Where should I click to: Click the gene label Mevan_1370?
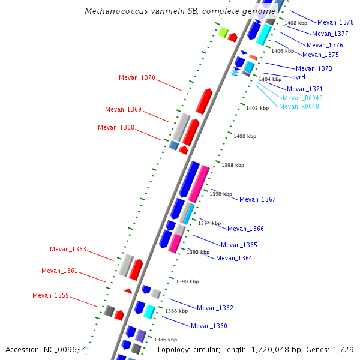click(137, 77)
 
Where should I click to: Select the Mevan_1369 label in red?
click(123, 109)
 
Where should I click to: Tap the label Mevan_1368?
click(116, 127)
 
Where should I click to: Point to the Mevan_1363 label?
click(68, 249)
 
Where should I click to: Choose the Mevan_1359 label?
click(50, 295)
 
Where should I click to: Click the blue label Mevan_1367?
click(257, 199)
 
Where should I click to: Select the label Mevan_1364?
click(234, 258)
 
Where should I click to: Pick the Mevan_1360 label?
click(209, 326)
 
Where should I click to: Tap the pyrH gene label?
click(299, 77)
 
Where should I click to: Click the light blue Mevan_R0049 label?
click(302, 98)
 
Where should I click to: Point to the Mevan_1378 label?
click(335, 22)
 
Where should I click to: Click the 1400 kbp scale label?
click(244, 137)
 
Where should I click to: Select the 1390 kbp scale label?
click(187, 281)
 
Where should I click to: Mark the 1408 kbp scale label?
click(295, 23)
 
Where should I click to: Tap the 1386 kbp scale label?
click(165, 340)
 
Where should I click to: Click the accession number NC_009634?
click(65, 349)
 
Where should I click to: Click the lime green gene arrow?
click(223, 32)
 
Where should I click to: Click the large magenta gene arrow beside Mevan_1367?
click(199, 183)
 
